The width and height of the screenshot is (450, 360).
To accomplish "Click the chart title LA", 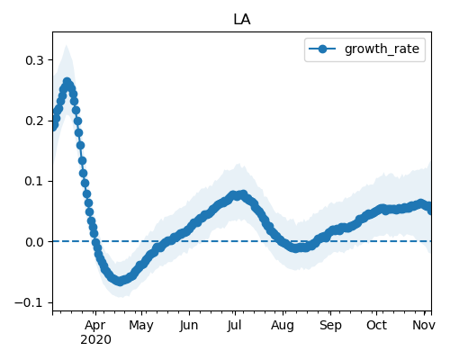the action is pyautogui.click(x=242, y=20).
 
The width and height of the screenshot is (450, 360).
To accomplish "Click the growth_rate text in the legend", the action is pyautogui.click(x=382, y=49).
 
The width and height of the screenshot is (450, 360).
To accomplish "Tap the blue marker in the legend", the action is pyautogui.click(x=322, y=49).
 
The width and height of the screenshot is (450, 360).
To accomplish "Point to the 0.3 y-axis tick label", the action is pyautogui.click(x=34, y=60).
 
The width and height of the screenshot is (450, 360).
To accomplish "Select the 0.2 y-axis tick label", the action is pyautogui.click(x=34, y=121).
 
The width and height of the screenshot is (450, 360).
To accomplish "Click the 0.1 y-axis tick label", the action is pyautogui.click(x=34, y=182).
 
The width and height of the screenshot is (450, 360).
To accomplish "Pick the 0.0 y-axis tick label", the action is pyautogui.click(x=34, y=242).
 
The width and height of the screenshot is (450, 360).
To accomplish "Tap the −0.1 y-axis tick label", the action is pyautogui.click(x=29, y=302).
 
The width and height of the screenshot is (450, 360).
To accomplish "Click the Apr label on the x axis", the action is pyautogui.click(x=95, y=325).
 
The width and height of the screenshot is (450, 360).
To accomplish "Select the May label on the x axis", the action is pyautogui.click(x=141, y=325).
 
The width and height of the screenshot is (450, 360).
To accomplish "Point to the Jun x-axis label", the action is pyautogui.click(x=189, y=325).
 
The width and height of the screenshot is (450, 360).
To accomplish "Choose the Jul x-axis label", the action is pyautogui.click(x=234, y=325).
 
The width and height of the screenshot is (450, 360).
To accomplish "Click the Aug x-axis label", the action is pyautogui.click(x=283, y=325).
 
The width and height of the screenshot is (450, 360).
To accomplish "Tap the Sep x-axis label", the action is pyautogui.click(x=330, y=325).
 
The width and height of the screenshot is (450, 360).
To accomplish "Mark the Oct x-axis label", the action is pyautogui.click(x=376, y=325).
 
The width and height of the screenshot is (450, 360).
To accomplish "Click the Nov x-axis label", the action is pyautogui.click(x=424, y=325).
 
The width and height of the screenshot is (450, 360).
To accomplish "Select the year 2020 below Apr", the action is pyautogui.click(x=95, y=340).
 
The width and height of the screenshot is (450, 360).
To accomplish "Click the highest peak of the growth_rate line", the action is pyautogui.click(x=67, y=82).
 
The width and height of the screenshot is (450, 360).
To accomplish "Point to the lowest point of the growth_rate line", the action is pyautogui.click(x=120, y=281).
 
